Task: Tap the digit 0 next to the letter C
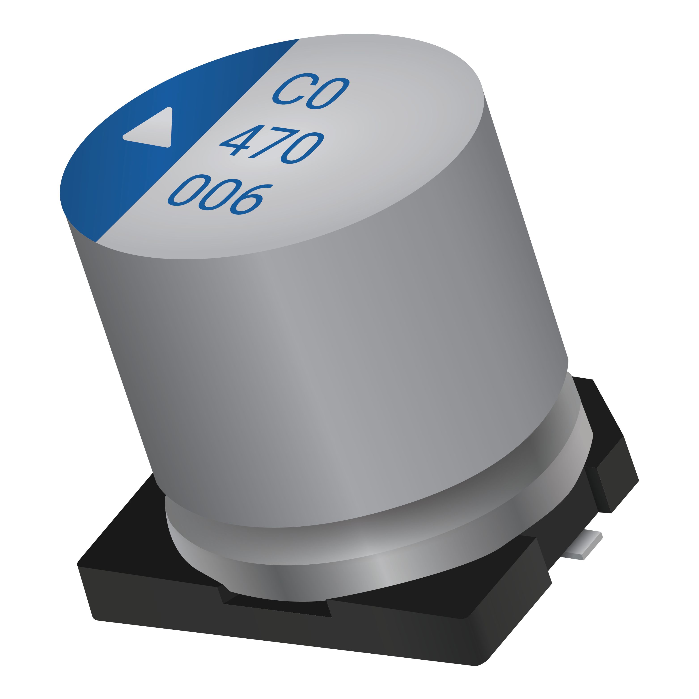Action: point(327,94)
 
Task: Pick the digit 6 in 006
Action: point(248,199)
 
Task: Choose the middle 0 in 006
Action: point(219,195)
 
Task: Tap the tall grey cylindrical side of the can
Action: point(326,362)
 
